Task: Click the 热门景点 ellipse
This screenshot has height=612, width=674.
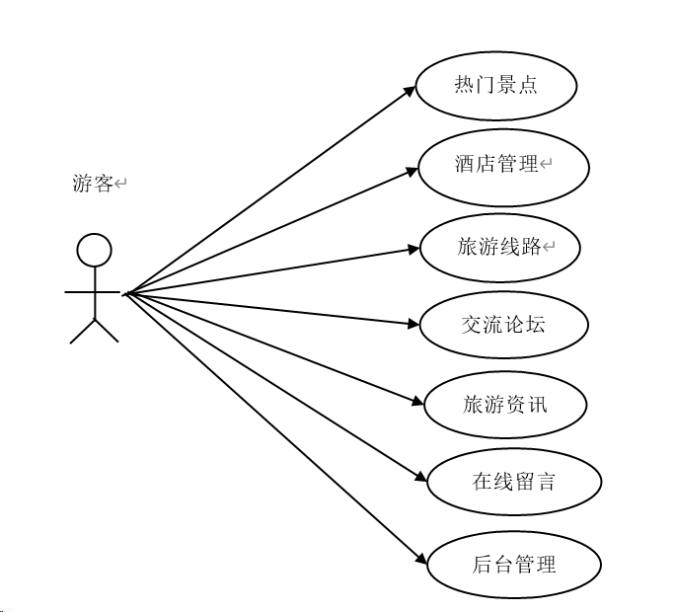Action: click(x=495, y=86)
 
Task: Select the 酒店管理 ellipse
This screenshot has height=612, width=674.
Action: click(x=503, y=165)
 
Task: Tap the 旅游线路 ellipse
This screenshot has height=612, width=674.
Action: click(x=500, y=247)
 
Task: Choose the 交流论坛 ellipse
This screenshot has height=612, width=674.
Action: click(x=503, y=324)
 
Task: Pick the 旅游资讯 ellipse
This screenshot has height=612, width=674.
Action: click(x=504, y=404)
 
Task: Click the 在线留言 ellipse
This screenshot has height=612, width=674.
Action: click(x=513, y=482)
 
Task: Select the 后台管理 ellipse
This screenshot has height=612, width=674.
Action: click(x=513, y=565)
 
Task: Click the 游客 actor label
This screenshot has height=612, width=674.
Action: click(x=93, y=184)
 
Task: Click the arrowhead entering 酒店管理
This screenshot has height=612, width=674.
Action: click(x=415, y=170)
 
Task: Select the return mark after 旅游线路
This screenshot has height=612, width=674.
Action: click(x=549, y=247)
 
